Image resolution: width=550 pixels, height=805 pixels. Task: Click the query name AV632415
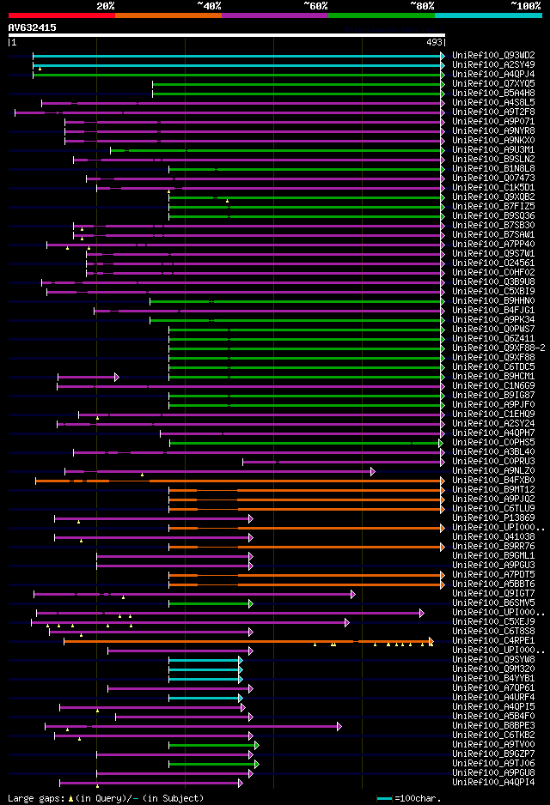pyautogui.click(x=33, y=27)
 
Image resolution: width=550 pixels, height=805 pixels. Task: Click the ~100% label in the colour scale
pyautogui.click(x=525, y=6)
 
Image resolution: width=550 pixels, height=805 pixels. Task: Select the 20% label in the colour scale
pyautogui.click(x=106, y=6)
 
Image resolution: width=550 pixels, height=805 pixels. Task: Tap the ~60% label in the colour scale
pyautogui.click(x=315, y=6)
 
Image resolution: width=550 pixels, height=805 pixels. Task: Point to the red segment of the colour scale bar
pyautogui.click(x=61, y=15)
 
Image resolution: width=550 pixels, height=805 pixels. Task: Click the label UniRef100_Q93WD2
pyautogui.click(x=492, y=55)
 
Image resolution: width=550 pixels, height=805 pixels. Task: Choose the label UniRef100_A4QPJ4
pyautogui.click(x=492, y=74)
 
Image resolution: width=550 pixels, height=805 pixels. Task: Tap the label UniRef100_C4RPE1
pyautogui.click(x=492, y=640)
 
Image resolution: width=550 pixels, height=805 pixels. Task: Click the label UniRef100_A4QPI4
pyautogui.click(x=492, y=782)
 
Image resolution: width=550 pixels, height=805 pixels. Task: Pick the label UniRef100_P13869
pyautogui.click(x=492, y=517)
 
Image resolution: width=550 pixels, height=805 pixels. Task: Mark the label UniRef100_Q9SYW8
pyautogui.click(x=492, y=659)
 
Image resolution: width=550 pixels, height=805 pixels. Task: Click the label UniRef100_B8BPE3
pyautogui.click(x=492, y=725)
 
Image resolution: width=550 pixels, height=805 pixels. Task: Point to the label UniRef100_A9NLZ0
pyautogui.click(x=492, y=470)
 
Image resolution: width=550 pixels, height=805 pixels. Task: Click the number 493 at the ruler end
pyautogui.click(x=435, y=42)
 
